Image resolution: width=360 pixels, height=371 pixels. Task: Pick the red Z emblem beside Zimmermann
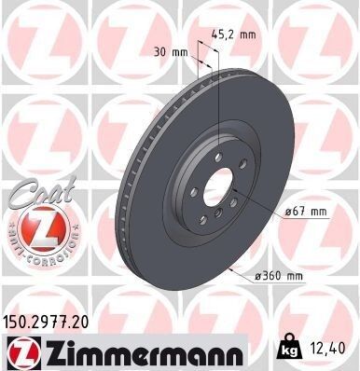click(20, 351)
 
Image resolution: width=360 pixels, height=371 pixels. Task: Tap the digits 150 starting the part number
click(16, 319)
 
